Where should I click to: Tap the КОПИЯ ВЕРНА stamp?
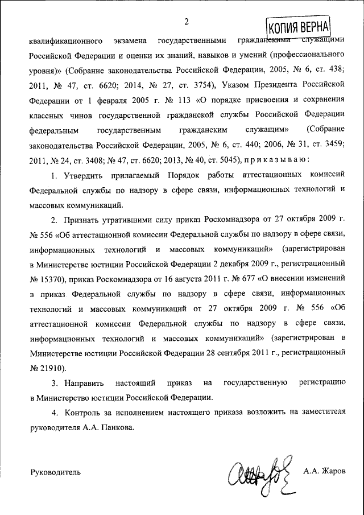[297, 27]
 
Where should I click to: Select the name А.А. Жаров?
[324, 472]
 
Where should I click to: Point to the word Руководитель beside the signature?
[55, 472]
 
